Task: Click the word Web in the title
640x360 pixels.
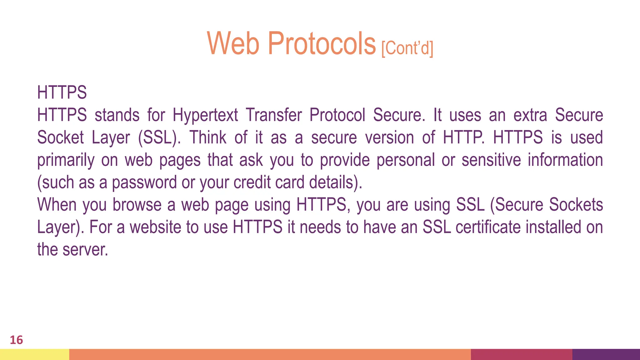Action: (233, 43)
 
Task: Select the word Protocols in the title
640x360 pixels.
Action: (322, 43)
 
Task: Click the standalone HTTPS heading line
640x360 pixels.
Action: (62, 92)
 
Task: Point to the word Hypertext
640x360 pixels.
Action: (205, 115)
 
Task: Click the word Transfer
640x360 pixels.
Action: (274, 115)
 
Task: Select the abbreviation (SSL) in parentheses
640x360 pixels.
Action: (159, 137)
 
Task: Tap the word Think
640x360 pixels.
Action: (208, 137)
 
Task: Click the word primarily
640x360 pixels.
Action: (66, 160)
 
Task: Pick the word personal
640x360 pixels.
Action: (405, 160)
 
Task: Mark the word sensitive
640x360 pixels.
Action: (491, 160)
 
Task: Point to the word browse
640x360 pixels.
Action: (137, 205)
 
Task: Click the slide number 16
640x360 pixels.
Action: (16, 340)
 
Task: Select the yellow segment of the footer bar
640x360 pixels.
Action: (34, 354)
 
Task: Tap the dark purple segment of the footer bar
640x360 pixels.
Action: (606, 354)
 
